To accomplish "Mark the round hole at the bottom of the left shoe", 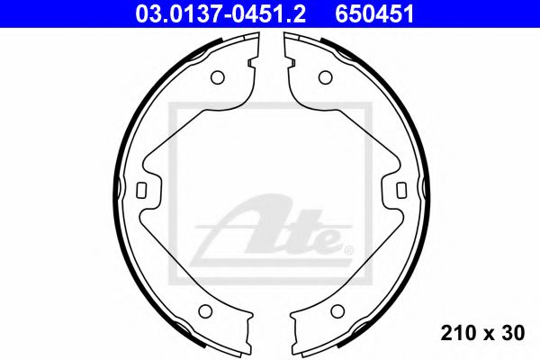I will (203, 311).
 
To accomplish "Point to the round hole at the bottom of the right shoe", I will (337, 311).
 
